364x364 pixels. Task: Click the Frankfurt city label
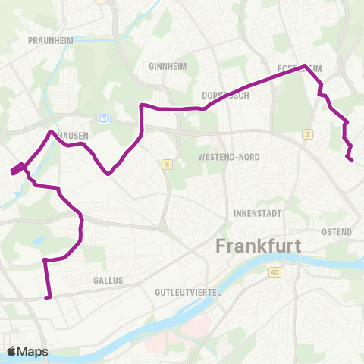pos(259,246)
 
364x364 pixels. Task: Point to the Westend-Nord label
pos(228,157)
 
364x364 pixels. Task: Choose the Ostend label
pos(336,231)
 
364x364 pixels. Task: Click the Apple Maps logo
pos(27,351)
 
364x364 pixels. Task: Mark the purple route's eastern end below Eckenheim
pos(351,159)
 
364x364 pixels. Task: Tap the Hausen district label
pos(74,135)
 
